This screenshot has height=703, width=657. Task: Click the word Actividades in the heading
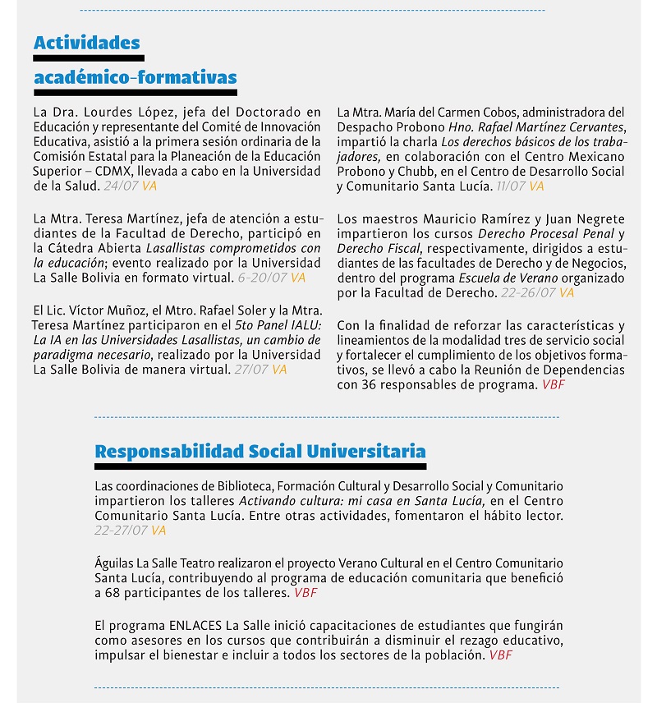(87, 43)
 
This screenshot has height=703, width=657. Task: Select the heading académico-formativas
(136, 77)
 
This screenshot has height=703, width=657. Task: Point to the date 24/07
(121, 186)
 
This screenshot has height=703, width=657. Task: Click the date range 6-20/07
(263, 278)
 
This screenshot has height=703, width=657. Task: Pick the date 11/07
(512, 186)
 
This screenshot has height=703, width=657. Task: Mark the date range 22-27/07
(121, 531)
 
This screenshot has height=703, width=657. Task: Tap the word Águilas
(115, 563)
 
